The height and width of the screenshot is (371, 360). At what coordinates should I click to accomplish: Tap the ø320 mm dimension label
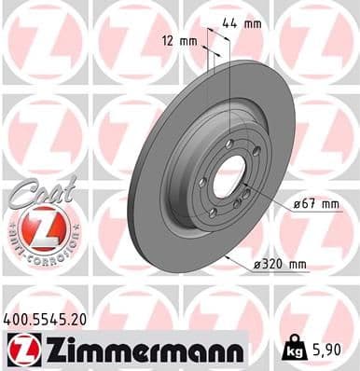point(280,266)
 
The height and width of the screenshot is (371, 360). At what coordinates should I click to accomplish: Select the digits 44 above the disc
point(230,23)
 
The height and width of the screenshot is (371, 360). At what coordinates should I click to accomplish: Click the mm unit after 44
point(252,23)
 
